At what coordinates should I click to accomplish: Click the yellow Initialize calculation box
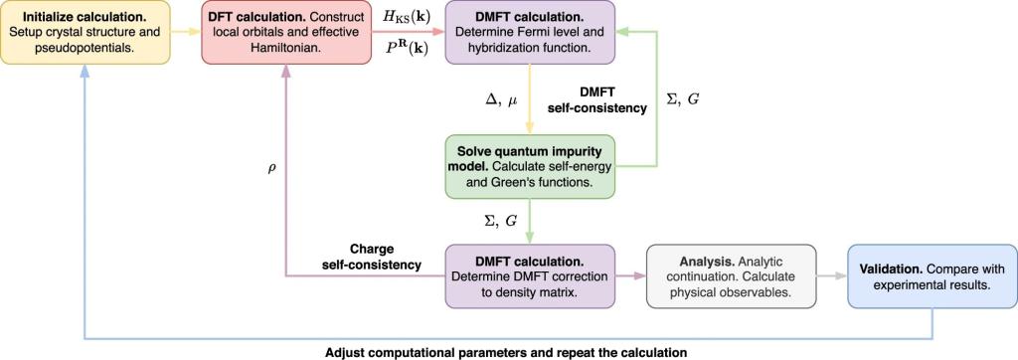[x=85, y=33]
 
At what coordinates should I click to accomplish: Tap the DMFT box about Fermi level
[x=530, y=33]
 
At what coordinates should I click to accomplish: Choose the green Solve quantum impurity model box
[x=530, y=166]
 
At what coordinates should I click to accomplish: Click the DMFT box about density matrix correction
[x=530, y=276]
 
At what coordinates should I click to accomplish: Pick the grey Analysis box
[x=731, y=276]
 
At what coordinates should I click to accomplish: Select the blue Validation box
[x=933, y=276]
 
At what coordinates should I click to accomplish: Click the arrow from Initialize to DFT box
[x=186, y=33]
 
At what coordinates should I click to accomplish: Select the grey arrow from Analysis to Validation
[x=832, y=276]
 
